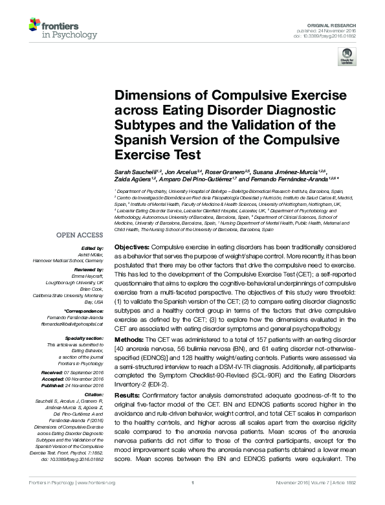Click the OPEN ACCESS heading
(x=82, y=236)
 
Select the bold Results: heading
(x=127, y=394)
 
